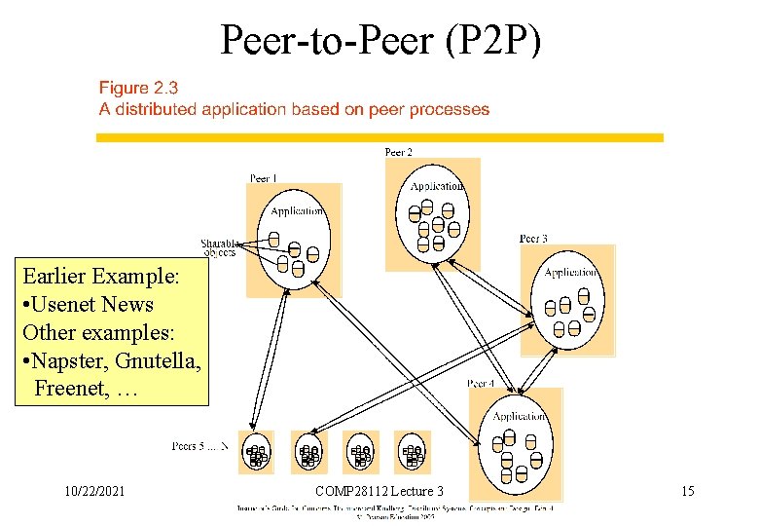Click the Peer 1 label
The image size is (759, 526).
pos(264,179)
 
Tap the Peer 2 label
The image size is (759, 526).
pos(399,152)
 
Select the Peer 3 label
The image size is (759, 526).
pos(533,239)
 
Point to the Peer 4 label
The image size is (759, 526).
pos(482,384)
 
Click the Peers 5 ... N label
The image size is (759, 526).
pos(199,447)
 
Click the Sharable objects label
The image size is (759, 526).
pos(219,247)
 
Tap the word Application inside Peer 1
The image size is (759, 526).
pos(296,211)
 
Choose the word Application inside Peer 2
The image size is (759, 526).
pos(436,186)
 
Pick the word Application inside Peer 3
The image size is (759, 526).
pos(570,273)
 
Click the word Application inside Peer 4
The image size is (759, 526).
pos(519,417)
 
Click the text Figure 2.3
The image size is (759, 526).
pos(139,89)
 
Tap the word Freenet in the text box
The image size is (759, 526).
pos(73,389)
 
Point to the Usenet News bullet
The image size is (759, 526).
pos(88,304)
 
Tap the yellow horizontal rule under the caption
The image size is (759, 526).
pos(379,138)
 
